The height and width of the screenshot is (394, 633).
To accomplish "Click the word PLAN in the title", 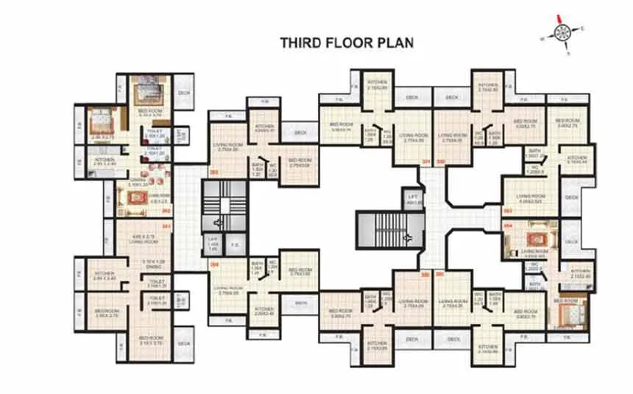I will (395, 43).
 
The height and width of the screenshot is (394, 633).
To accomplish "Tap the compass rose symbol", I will (562, 32).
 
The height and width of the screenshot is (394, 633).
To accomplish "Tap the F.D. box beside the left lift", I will (236, 244).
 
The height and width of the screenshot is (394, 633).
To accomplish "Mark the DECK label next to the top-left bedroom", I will (183, 94).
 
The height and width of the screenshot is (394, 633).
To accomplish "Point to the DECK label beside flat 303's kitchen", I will (300, 133).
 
